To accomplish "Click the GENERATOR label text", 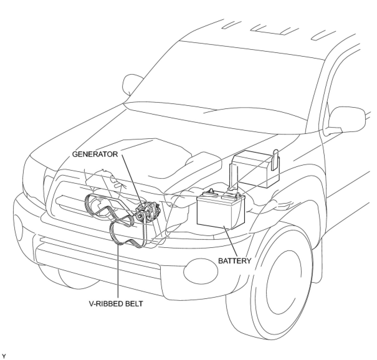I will pyautogui.click(x=95, y=154).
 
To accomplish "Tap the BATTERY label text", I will pyautogui.click(x=234, y=261).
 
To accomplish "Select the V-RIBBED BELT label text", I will pyautogui.click(x=116, y=303).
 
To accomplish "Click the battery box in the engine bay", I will pyautogui.click(x=221, y=212).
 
